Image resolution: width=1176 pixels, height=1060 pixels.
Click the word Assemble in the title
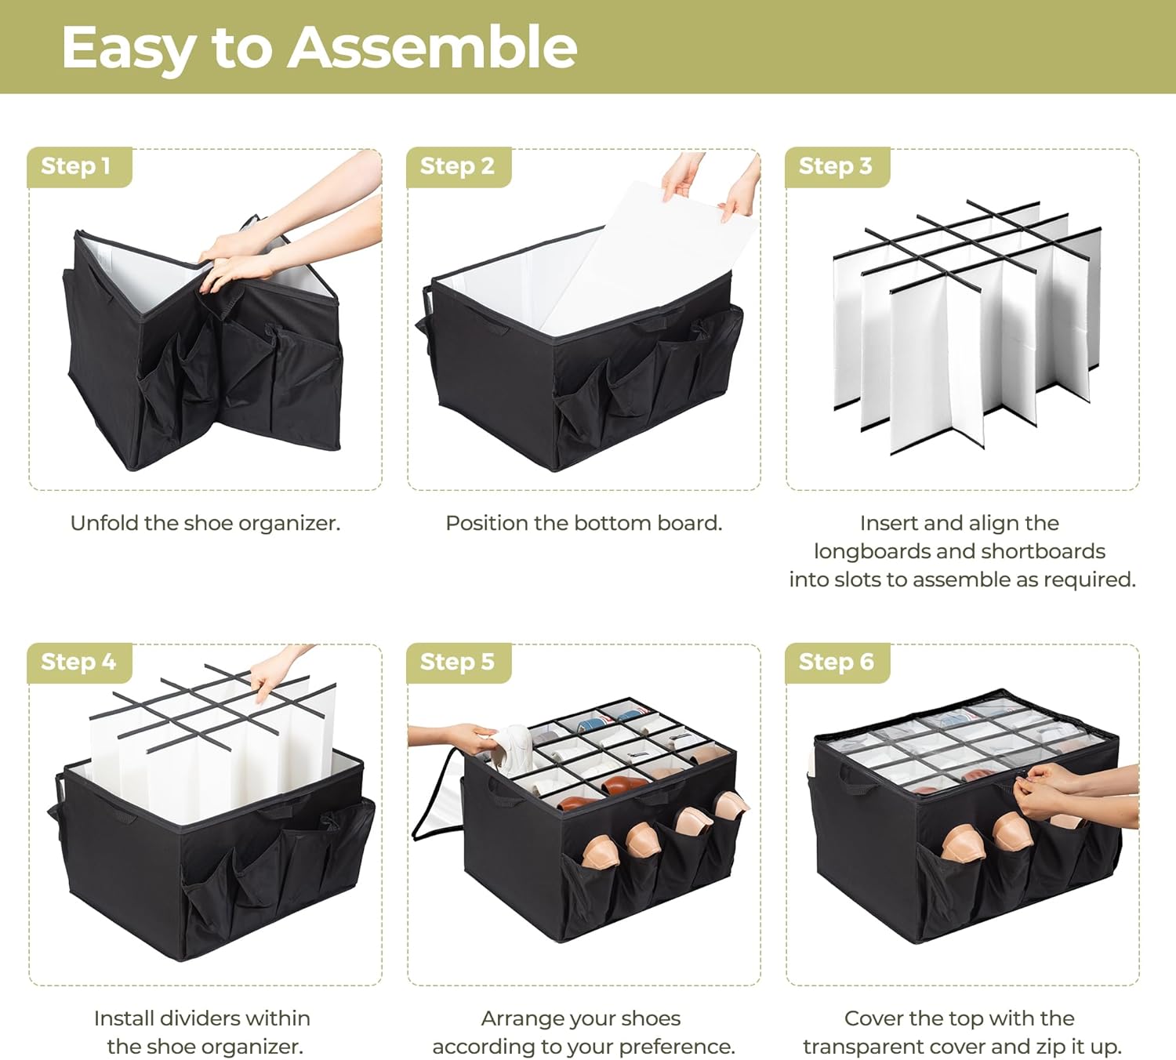(432, 47)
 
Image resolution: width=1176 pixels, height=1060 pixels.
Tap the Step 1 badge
(80, 167)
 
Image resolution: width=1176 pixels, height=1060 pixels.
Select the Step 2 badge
(459, 167)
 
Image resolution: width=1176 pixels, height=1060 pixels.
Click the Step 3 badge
(837, 167)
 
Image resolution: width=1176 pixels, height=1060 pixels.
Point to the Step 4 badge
(80, 662)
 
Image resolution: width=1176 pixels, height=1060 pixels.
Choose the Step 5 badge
(459, 662)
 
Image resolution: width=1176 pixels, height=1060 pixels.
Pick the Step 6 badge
(837, 662)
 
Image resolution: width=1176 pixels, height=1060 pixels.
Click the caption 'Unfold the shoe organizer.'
(205, 523)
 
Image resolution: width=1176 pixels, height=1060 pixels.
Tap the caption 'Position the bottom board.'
(584, 523)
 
